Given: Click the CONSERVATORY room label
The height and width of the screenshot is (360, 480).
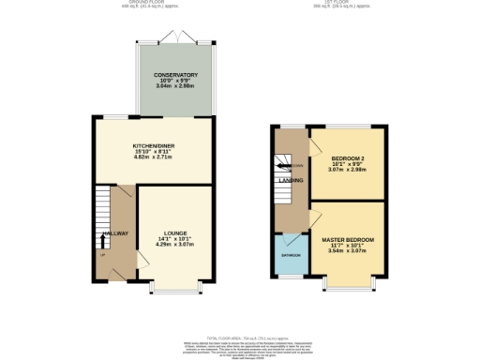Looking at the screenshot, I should tap(176, 74).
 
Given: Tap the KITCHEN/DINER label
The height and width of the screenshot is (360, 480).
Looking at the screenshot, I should tap(153, 146).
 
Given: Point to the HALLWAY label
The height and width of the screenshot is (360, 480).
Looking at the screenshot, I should tap(114, 232).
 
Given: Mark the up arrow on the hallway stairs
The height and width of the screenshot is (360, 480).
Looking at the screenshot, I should tap(102, 240).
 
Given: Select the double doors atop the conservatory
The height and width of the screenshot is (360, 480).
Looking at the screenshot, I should tap(176, 37).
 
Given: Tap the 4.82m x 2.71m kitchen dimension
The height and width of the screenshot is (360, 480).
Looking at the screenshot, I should tap(153, 158).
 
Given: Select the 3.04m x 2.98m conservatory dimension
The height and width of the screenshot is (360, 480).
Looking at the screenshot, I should tap(176, 86).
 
